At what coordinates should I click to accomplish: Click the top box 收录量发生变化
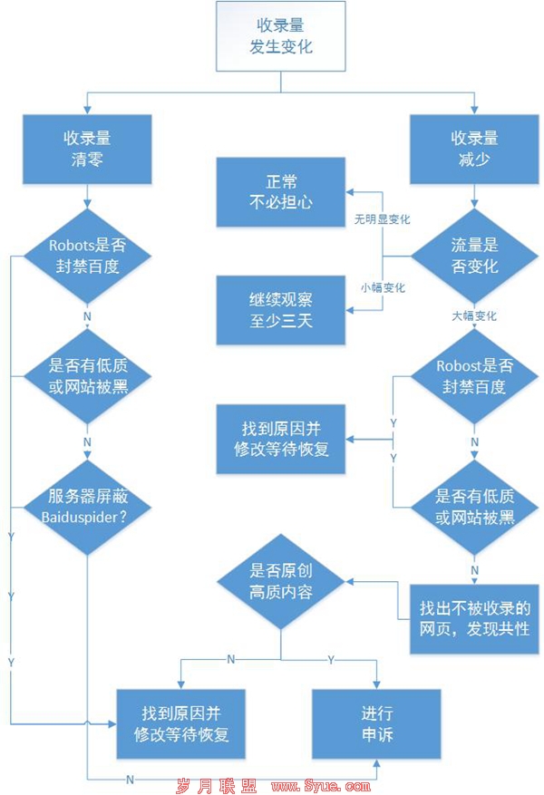point(281,36)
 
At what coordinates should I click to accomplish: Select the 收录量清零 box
point(87,149)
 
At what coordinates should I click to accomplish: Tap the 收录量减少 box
point(474,149)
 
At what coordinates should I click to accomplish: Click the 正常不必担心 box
point(281,192)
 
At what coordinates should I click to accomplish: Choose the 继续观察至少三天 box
point(281,310)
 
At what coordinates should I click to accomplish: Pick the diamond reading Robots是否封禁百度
point(87,256)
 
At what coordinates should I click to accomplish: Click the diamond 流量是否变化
point(474,256)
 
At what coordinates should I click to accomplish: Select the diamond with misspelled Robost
point(474,376)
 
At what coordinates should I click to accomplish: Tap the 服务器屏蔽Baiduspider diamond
point(87,507)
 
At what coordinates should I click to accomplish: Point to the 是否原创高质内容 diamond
point(281,582)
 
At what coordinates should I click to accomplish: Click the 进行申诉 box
point(376,724)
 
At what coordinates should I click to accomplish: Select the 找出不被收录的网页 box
point(474,619)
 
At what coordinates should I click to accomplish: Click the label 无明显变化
point(382,219)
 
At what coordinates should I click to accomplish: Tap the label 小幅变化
point(384,287)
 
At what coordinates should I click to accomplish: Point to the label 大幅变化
point(474,315)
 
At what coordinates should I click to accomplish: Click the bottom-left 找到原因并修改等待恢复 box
point(181,724)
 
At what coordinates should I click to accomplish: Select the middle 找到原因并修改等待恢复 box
point(281,439)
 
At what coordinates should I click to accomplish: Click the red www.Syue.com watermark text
point(321,786)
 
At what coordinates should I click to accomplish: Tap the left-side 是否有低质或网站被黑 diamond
point(87,376)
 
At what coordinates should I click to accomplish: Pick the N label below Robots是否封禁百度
point(87,316)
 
